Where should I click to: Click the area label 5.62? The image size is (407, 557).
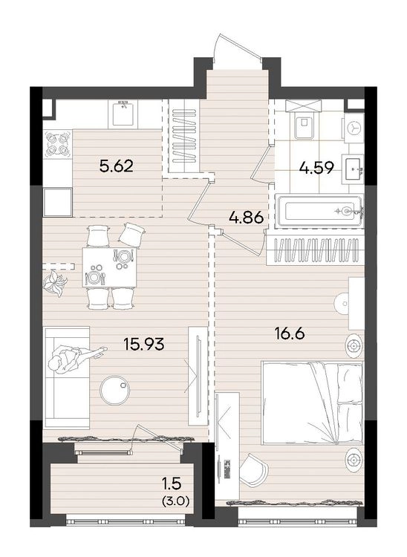point(117,166)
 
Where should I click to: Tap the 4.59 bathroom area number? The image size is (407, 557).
point(316,168)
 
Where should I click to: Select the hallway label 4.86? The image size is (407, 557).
point(247,217)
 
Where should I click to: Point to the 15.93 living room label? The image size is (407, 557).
point(144,344)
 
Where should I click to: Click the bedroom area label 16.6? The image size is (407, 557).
point(290,334)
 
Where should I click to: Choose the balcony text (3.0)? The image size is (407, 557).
point(176,501)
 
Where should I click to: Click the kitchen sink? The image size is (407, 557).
point(123,113)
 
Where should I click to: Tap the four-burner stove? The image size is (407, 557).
point(57,144)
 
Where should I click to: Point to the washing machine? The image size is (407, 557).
point(354,128)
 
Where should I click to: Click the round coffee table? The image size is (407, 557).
point(115,390)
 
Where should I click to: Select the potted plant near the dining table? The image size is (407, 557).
point(55,282)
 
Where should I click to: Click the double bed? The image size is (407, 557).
point(312,403)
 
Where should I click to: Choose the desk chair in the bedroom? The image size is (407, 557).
point(253,469)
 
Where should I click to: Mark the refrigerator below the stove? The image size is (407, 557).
point(57,202)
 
